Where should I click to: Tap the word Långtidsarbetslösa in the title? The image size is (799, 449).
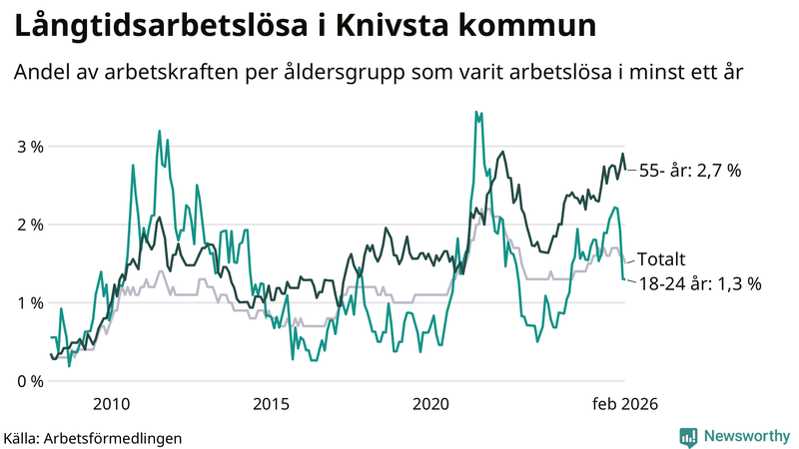point(149,27)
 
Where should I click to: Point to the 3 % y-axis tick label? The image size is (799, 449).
point(30,147)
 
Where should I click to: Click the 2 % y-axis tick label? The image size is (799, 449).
point(30,224)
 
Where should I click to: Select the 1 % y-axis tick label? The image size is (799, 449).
point(30,302)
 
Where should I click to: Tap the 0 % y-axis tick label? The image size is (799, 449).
point(30,381)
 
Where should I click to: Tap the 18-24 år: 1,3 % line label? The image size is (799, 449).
point(699,283)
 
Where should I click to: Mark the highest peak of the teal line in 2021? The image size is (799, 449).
point(476,112)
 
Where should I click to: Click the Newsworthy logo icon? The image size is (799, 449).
point(688,436)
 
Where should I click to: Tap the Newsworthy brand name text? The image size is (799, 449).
point(744,436)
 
